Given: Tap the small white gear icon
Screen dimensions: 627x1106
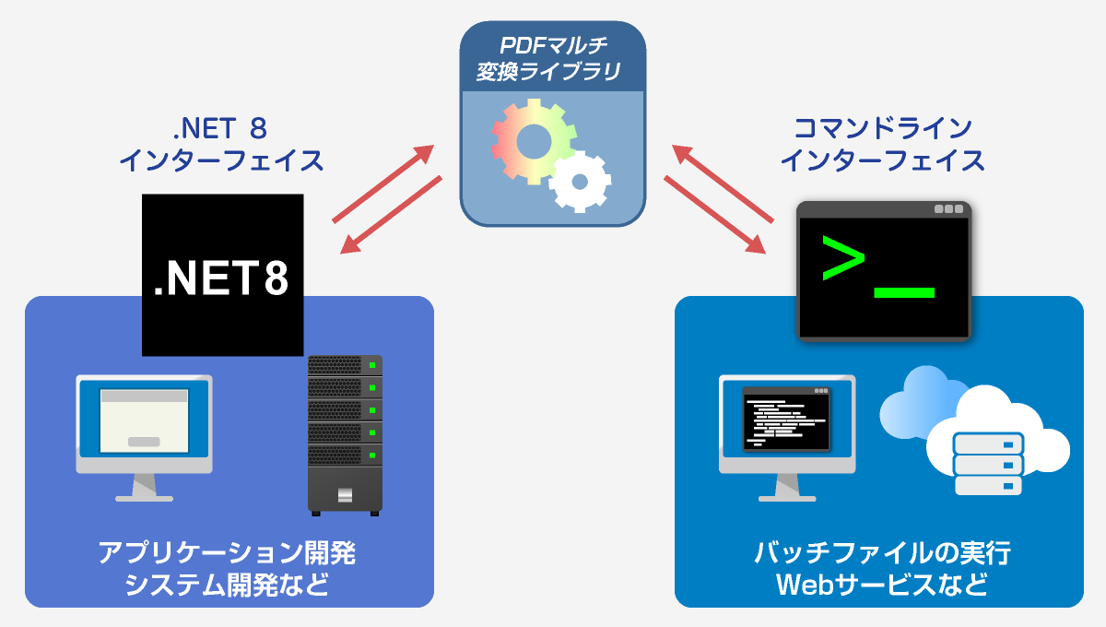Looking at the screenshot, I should [x=580, y=181].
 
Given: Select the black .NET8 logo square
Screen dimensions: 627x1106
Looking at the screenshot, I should [x=222, y=275].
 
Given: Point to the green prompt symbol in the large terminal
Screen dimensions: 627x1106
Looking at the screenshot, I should [x=842, y=258].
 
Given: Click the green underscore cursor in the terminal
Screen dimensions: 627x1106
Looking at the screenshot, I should [x=903, y=293].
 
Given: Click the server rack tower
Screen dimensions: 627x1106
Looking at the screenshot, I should [x=345, y=433].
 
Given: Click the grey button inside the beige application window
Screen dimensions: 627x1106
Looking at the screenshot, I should [x=143, y=442].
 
